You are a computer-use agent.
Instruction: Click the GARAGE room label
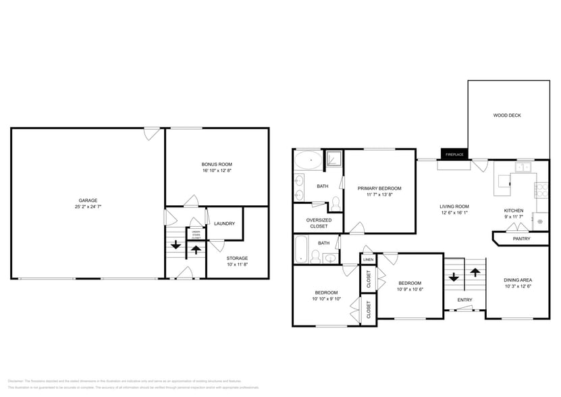point(88,200)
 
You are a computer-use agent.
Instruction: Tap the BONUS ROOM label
point(217,164)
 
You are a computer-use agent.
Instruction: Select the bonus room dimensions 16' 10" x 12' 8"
point(217,171)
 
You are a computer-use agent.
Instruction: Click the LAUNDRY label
point(223,223)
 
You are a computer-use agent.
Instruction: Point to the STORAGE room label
point(237,258)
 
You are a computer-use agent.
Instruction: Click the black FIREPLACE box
point(454,155)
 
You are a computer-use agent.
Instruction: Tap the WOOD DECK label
point(506,115)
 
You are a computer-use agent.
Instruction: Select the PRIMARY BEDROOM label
point(379,188)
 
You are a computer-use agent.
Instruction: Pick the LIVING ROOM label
point(454,207)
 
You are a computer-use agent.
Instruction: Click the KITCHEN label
point(514,211)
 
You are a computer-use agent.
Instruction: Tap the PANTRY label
point(521,238)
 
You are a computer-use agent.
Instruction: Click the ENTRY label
point(464,300)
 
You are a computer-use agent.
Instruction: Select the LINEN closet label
point(368,259)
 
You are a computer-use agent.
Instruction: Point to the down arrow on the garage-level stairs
point(176,245)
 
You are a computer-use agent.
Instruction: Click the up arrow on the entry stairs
point(475,271)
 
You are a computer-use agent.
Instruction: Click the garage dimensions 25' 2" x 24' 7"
point(88,207)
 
